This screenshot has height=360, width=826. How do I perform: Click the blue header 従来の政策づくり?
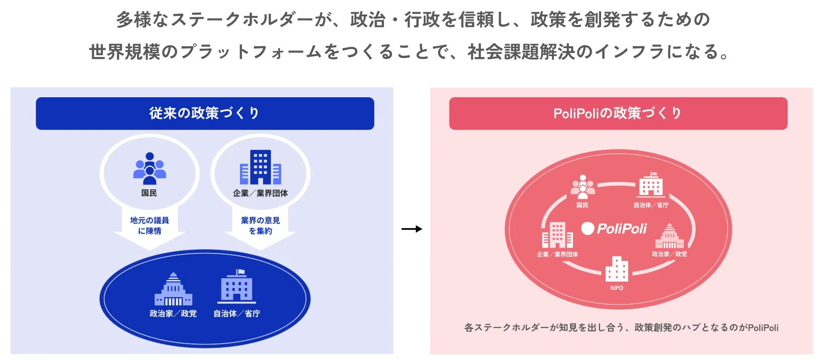click(204, 113)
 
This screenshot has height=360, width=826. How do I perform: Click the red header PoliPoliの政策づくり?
click(617, 113)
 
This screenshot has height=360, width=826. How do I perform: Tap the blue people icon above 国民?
click(150, 169)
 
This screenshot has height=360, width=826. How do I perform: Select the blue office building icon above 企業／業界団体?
click(261, 167)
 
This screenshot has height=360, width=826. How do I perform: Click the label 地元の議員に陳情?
click(150, 225)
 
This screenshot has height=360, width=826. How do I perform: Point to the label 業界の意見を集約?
click(261, 225)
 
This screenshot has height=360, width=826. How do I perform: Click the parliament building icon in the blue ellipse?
click(174, 289)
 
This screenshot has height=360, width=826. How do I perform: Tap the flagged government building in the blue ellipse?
click(237, 286)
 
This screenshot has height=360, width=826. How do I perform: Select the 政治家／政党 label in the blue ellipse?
click(173, 314)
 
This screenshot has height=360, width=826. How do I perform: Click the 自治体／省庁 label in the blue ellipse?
click(237, 314)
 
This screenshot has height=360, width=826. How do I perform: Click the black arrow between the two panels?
click(412, 229)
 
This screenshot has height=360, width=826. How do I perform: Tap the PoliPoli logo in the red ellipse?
click(614, 229)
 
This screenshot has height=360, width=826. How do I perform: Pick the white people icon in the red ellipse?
click(583, 187)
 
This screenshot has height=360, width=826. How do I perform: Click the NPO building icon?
click(616, 269)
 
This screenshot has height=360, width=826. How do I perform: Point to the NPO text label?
click(616, 288)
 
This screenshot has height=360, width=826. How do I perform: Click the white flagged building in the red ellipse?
click(651, 185)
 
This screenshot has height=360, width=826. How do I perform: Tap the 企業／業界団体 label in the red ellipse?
click(557, 254)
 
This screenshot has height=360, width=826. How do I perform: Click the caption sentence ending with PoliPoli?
click(621, 328)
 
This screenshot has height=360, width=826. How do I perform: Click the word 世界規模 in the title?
click(125, 52)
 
